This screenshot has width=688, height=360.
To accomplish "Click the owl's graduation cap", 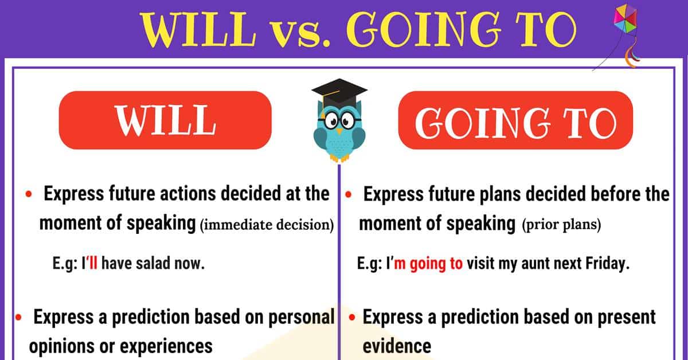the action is (x=339, y=92).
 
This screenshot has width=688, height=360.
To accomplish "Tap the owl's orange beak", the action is (x=339, y=131).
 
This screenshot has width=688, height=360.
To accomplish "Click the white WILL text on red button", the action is (x=165, y=120).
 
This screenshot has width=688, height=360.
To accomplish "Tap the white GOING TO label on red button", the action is (x=515, y=123).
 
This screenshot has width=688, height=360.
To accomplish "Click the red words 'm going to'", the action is (x=428, y=264).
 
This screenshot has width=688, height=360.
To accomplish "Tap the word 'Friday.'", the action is (x=608, y=264).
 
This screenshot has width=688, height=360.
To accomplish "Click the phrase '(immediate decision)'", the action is (x=267, y=225).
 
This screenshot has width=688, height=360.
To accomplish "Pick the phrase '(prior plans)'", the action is (x=561, y=225).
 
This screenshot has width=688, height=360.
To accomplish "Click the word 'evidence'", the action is (x=397, y=346).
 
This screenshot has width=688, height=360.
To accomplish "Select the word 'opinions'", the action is (x=62, y=346).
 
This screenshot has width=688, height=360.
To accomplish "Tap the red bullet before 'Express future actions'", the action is (x=29, y=194).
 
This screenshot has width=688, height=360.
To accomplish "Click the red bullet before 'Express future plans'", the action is (x=349, y=194).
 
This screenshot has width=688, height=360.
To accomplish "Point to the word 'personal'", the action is (x=302, y=317).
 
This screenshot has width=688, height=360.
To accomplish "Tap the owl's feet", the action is (x=339, y=158).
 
